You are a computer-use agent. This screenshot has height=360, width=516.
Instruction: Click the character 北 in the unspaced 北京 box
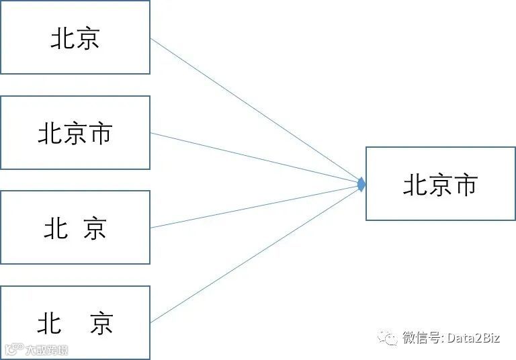point(62,38)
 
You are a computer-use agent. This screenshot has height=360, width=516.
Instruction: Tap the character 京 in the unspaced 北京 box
point(88,38)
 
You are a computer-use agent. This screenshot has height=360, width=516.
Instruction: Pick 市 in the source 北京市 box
point(100,133)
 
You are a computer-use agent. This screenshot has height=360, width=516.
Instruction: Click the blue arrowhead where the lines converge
point(362,183)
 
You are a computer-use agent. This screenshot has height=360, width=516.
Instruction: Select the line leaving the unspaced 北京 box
point(255,110)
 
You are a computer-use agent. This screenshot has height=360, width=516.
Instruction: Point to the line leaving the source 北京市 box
point(255,158)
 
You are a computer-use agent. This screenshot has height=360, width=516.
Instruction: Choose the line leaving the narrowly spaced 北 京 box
point(255,206)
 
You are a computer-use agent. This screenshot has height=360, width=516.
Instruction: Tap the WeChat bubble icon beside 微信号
point(387,337)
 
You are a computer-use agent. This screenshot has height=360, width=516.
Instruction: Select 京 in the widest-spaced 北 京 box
point(101,324)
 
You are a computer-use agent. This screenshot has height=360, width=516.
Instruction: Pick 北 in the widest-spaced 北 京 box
point(50,324)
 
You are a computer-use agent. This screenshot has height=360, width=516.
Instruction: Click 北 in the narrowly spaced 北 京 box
point(56,229)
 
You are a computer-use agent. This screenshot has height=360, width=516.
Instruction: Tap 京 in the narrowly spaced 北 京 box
point(95,229)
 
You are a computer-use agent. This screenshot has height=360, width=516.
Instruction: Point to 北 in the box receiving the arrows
point(415,185)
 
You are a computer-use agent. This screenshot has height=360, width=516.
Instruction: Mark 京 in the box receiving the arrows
point(440,185)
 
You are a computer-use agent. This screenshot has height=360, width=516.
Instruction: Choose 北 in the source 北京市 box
point(50,133)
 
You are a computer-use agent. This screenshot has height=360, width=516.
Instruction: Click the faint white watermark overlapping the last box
point(37,350)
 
